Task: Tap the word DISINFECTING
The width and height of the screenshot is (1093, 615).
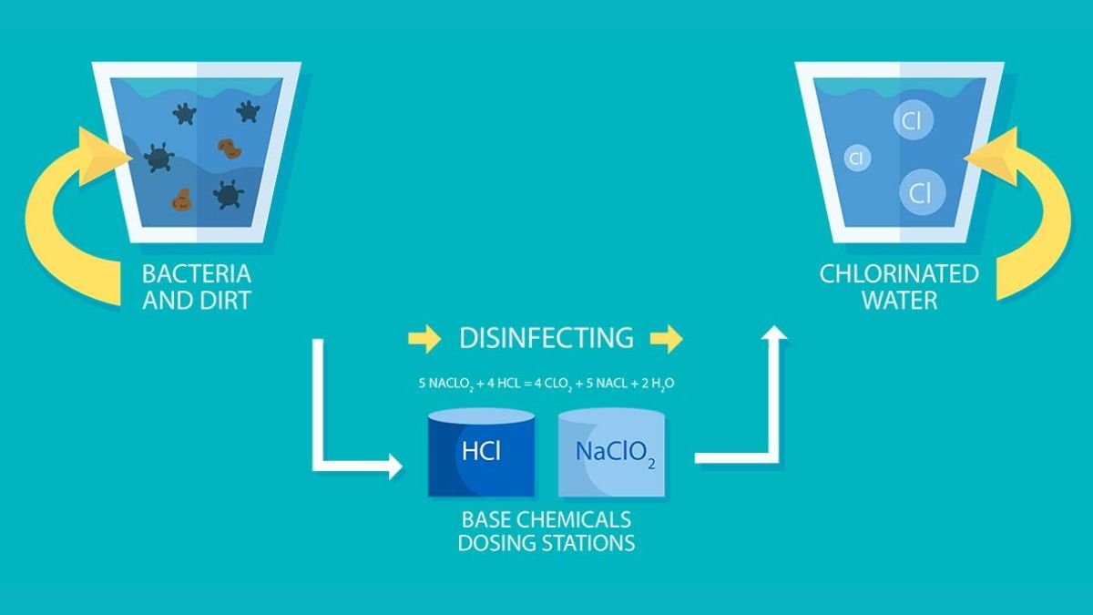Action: point(546,338)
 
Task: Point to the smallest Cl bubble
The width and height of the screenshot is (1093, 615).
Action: point(855,159)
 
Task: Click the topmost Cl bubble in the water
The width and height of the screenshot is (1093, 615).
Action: point(912,121)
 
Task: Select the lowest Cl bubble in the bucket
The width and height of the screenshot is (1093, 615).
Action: point(922,193)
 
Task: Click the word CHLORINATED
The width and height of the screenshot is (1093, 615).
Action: point(899,273)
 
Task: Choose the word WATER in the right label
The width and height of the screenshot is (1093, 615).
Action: point(899,300)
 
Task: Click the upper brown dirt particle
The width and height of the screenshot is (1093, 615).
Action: point(228,147)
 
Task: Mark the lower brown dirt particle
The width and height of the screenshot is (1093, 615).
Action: point(181,200)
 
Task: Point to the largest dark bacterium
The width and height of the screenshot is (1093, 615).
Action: point(159,157)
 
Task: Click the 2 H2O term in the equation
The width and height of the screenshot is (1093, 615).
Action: point(658,384)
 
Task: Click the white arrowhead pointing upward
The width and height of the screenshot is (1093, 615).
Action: point(774,333)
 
